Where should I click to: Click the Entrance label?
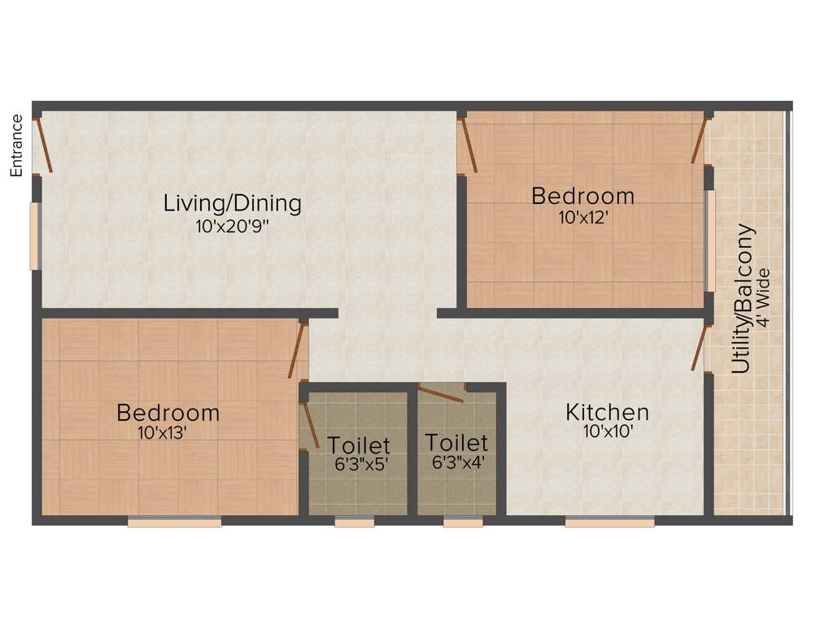16,145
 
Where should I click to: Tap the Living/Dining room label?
233,203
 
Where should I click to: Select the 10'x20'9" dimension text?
232,227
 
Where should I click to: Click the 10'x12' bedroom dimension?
583,218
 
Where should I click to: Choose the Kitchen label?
607,412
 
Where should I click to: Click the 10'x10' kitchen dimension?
608,432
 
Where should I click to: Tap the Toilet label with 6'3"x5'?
359,445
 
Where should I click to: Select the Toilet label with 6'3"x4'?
456,443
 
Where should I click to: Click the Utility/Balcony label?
741,298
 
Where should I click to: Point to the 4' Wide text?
762,298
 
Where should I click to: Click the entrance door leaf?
44,145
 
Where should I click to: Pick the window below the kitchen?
609,522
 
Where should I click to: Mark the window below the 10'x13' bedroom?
174,522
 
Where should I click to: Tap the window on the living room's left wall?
34,236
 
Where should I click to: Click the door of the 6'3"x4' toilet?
441,393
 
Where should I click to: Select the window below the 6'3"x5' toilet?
355,522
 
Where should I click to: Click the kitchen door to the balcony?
698,346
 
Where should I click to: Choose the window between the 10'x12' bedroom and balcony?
710,240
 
